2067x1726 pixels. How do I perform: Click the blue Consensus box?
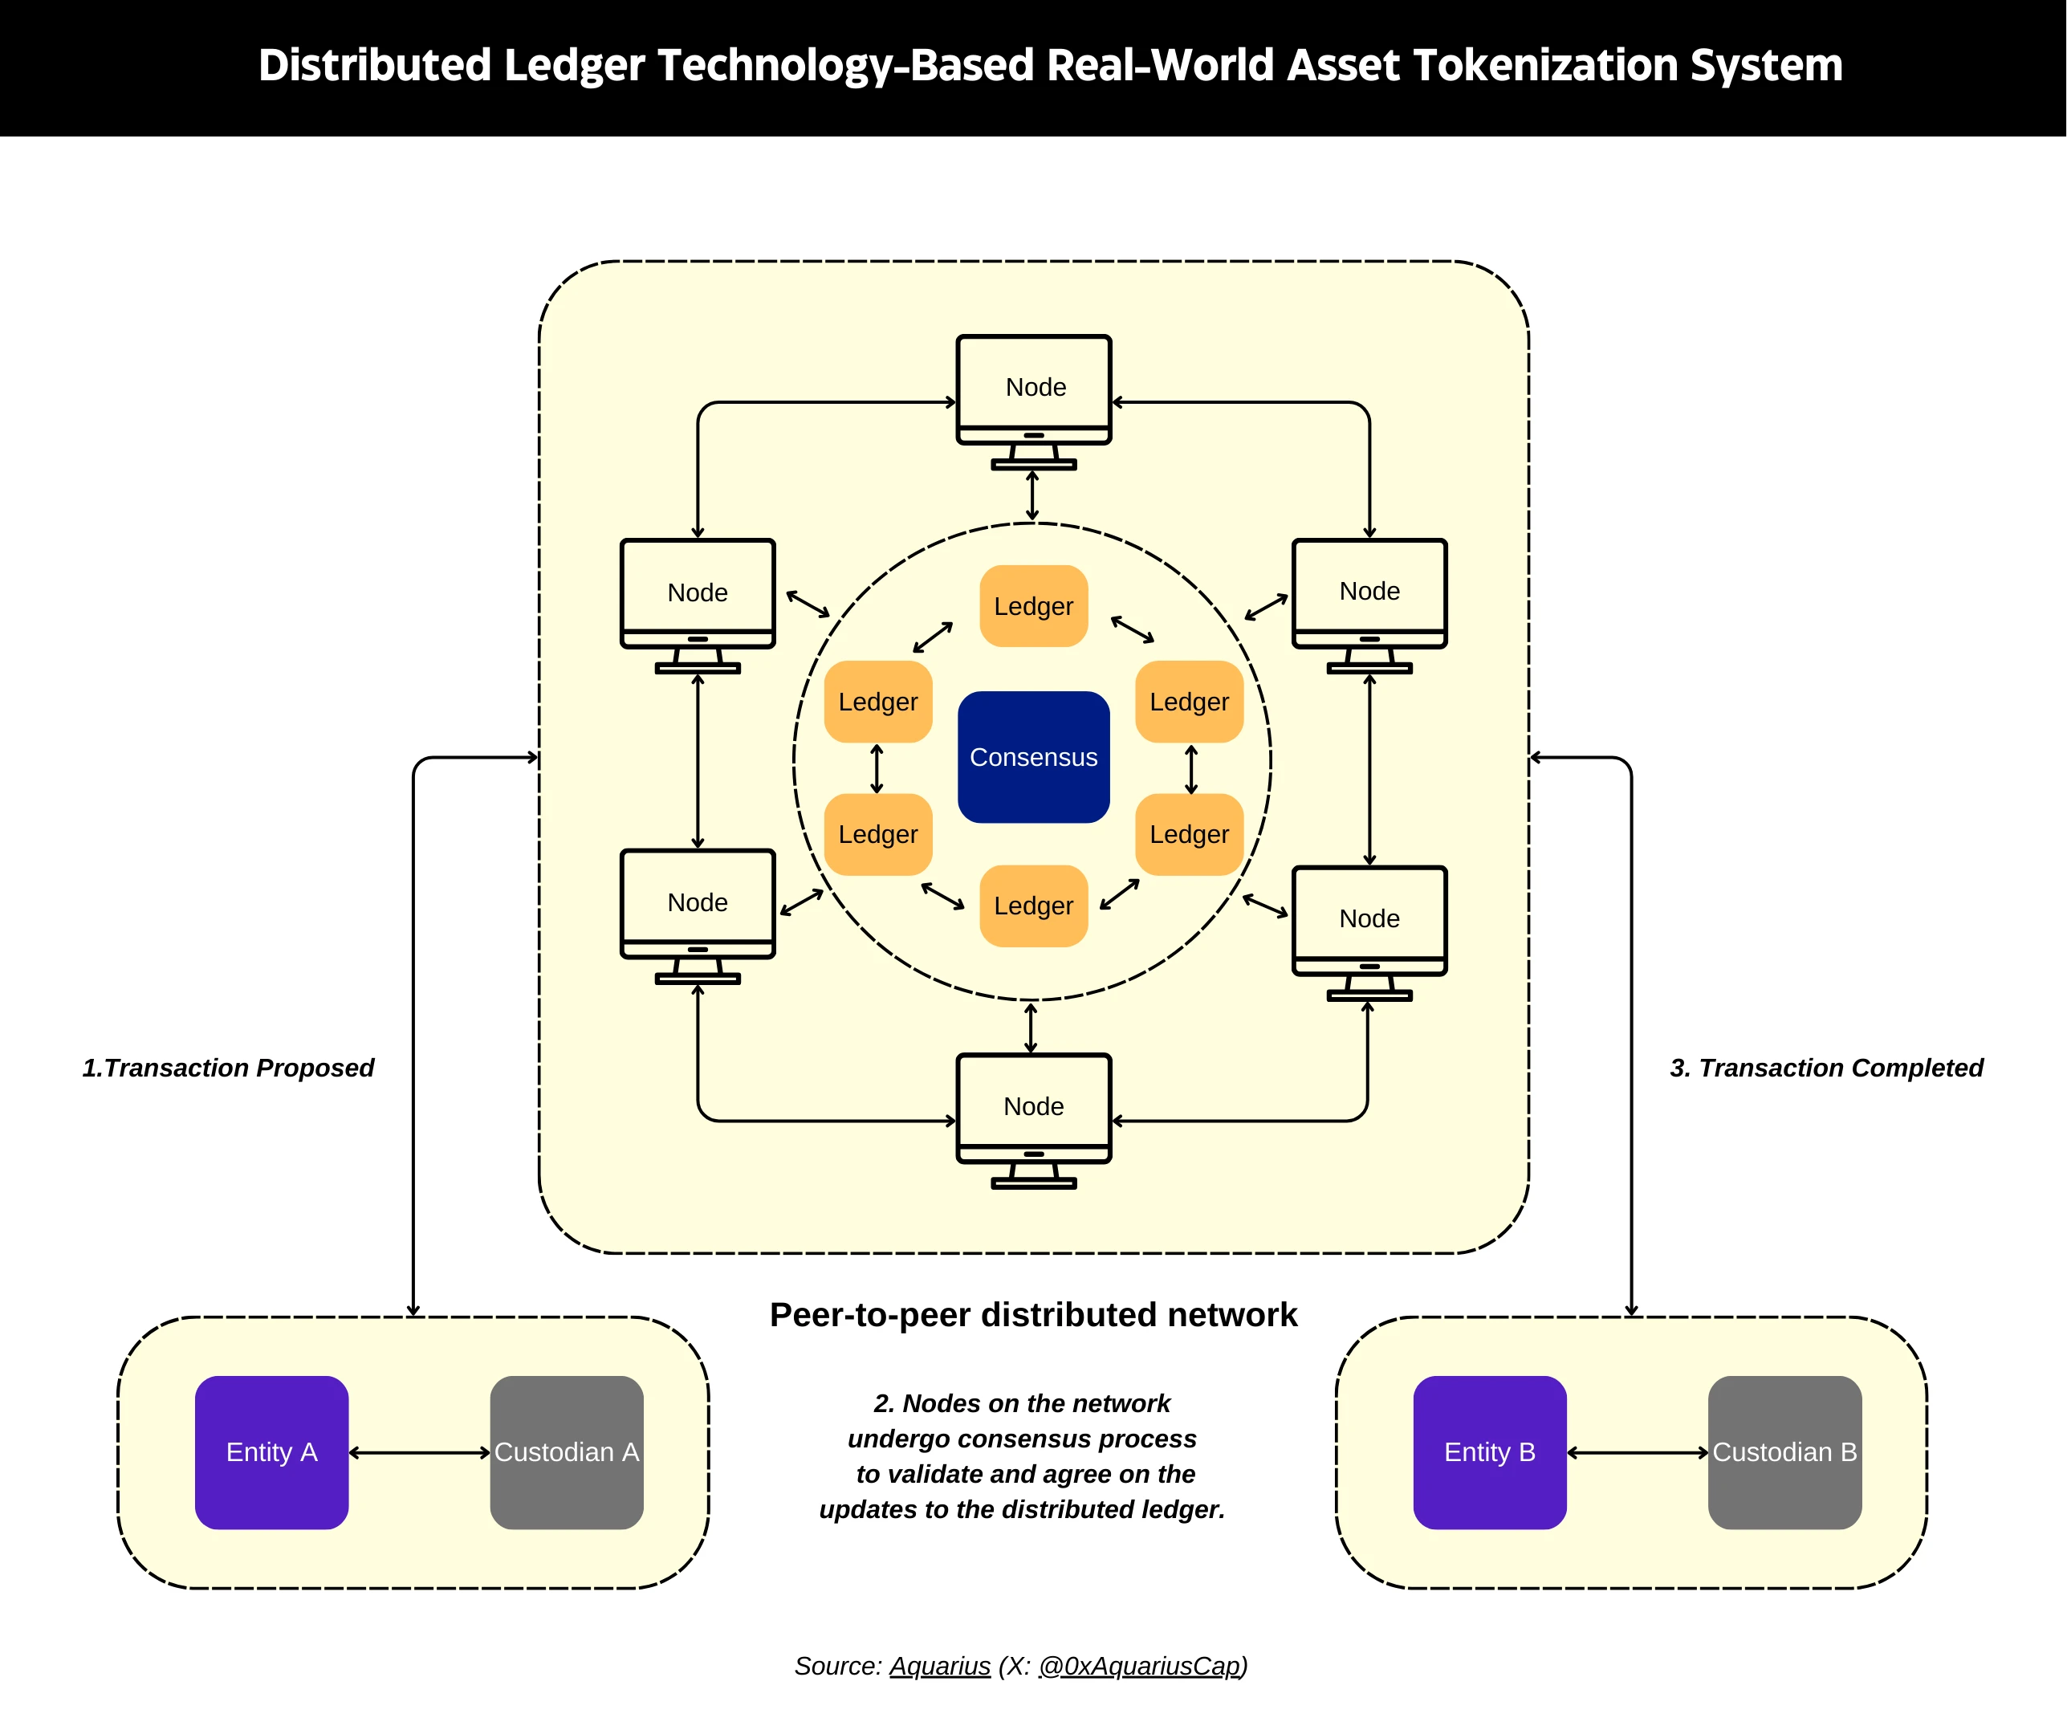(1034, 756)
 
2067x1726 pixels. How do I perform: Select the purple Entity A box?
(271, 1451)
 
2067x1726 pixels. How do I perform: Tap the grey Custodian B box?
(1784, 1451)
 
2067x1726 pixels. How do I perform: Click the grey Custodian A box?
(566, 1451)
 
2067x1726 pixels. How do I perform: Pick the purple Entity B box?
(1489, 1451)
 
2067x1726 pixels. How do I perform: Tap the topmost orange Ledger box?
(1034, 605)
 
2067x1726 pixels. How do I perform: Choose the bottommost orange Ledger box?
(1034, 905)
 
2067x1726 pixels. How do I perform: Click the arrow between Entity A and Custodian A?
(419, 1452)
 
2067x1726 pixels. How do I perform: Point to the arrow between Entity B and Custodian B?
(1637, 1452)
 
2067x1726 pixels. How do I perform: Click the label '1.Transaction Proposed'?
(228, 1067)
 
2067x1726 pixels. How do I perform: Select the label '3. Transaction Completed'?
(1826, 1067)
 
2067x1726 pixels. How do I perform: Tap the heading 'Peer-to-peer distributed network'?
(1034, 1314)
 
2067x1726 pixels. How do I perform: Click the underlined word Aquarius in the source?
(940, 1665)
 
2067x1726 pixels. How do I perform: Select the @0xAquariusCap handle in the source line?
(1140, 1665)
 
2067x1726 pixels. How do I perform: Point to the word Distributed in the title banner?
(374, 65)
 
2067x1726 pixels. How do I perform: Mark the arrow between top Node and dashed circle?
(1031, 495)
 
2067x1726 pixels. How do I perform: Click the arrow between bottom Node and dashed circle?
(1031, 1028)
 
